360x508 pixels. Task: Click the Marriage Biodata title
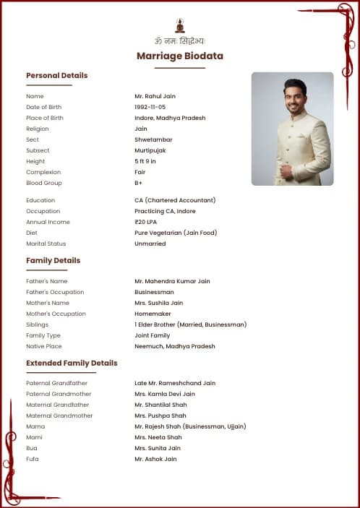pos(180,56)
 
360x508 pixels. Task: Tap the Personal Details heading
pos(56,75)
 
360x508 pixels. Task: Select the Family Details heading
pos(53,260)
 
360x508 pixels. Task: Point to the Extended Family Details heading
pos(72,363)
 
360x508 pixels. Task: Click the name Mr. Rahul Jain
pos(155,96)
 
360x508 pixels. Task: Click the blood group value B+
pos(138,183)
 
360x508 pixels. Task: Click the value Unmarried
pos(150,244)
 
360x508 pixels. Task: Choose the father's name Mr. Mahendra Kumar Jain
pos(172,281)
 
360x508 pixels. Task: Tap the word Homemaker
pos(153,314)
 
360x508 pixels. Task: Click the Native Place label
pos(45,346)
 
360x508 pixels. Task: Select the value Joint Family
pos(152,335)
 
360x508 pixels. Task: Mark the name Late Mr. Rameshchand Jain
pos(174,383)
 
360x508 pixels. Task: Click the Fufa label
pos(33,459)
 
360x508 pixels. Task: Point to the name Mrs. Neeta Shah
pos(158,437)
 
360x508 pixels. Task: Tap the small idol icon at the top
pos(180,25)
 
